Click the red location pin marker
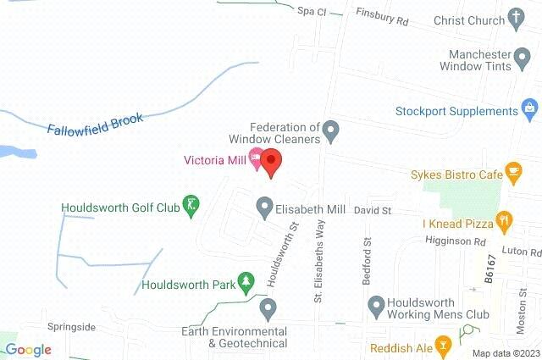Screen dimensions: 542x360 pos(271,161)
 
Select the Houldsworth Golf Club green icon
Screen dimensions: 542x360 pos(192,204)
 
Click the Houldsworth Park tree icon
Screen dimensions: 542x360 pos(246,280)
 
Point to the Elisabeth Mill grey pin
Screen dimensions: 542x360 pos(264,207)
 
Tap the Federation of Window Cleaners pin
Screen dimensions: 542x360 pos(332,130)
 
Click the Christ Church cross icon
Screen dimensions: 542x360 pos(517,19)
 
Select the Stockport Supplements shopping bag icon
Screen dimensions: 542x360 pos(529,111)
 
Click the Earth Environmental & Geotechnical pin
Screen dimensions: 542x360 pos(268,307)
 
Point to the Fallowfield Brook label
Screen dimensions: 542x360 pos(95,122)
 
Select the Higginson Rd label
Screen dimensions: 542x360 pos(456,241)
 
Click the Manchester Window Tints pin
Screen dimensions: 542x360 pos(529,57)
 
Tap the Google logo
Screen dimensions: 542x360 pos(28,350)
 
